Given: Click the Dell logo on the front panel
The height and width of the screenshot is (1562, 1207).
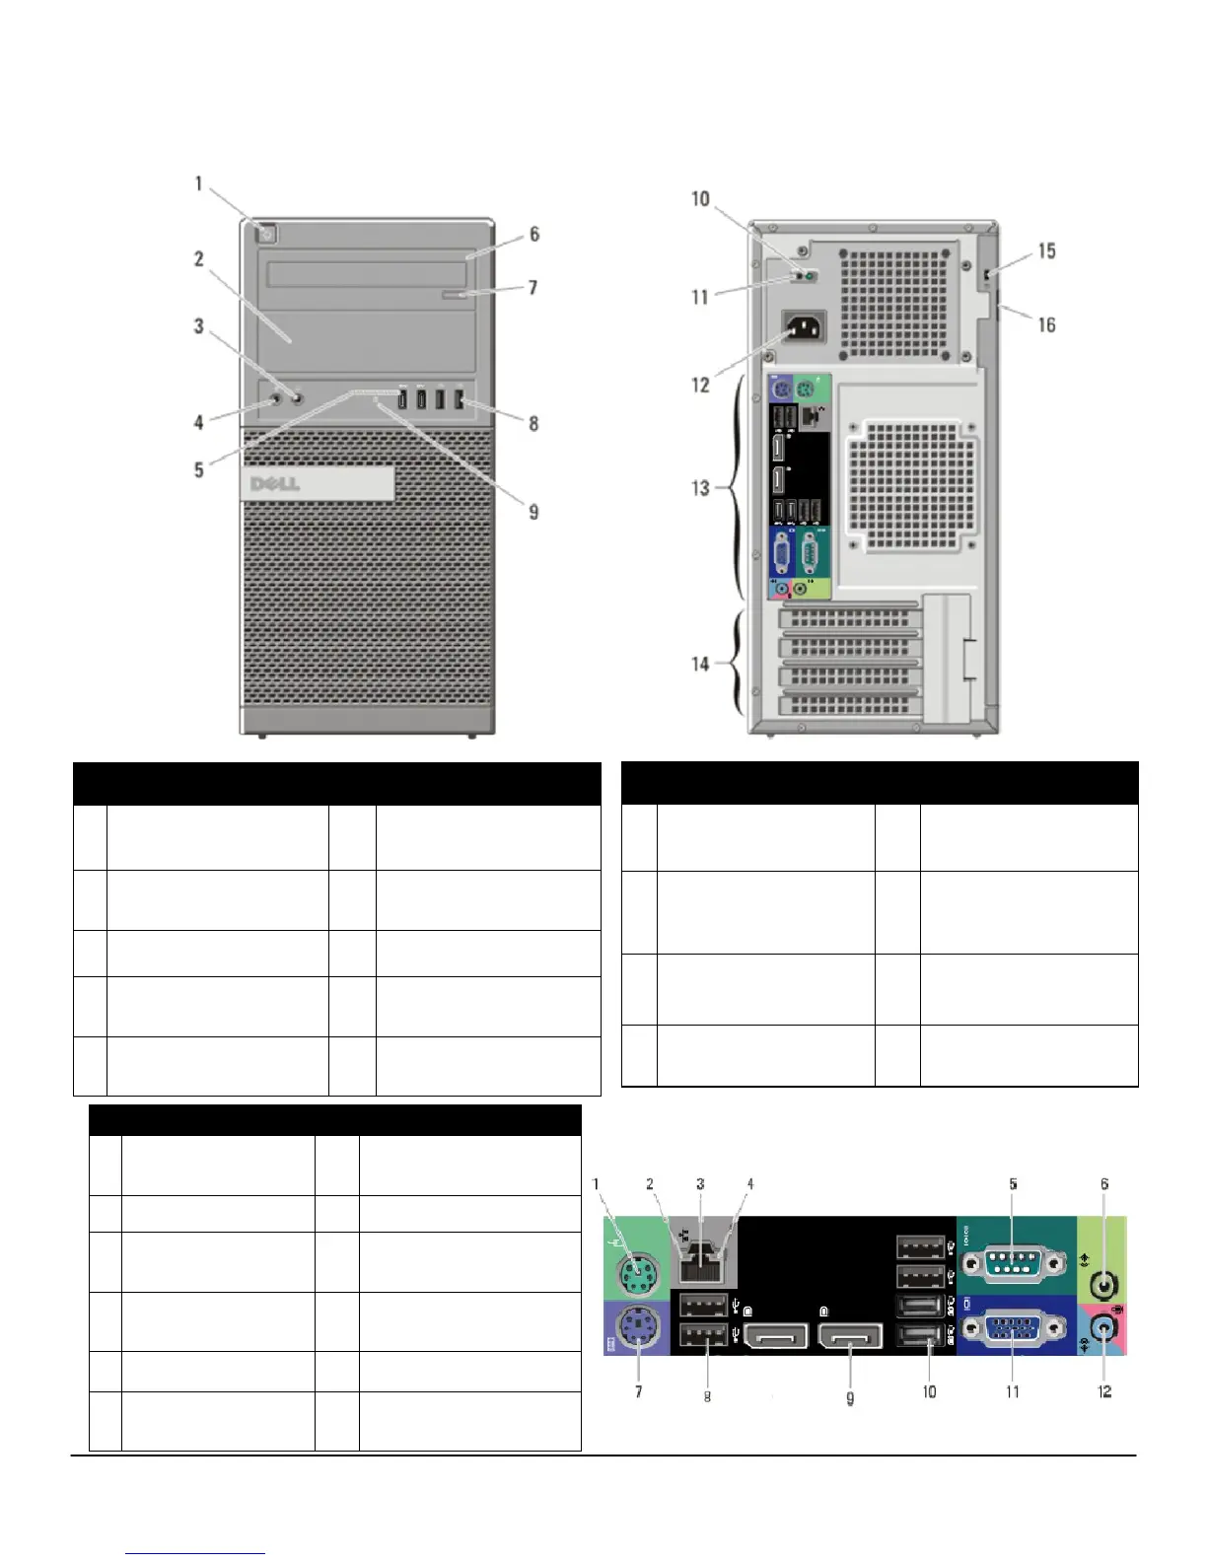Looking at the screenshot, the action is click(x=279, y=484).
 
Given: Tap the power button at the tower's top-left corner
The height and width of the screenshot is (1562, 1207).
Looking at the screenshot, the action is click(x=271, y=234).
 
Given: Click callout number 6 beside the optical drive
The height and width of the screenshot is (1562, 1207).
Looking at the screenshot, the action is click(x=533, y=235).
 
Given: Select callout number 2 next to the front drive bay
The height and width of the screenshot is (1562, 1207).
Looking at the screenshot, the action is click(x=199, y=259).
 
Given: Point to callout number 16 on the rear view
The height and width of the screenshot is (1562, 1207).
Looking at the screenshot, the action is click(x=1046, y=324).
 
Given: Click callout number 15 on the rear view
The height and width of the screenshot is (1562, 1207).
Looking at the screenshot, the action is click(x=1046, y=251).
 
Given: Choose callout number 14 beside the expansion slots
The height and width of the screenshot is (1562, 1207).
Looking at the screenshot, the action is click(x=700, y=664).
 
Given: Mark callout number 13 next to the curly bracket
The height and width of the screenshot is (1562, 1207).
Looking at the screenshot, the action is click(x=700, y=488).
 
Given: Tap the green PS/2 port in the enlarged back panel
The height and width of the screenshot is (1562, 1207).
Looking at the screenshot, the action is click(x=638, y=1276).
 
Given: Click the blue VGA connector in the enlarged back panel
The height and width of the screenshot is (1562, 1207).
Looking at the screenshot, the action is click(x=1012, y=1331).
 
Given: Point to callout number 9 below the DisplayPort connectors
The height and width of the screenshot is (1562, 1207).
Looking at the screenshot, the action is click(x=850, y=1397).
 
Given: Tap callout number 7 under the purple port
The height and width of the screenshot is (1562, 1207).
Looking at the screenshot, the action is click(x=638, y=1391).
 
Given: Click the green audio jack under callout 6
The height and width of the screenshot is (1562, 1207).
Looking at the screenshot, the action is click(x=1106, y=1284).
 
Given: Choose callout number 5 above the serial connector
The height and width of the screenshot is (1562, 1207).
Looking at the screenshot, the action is click(x=1013, y=1184).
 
